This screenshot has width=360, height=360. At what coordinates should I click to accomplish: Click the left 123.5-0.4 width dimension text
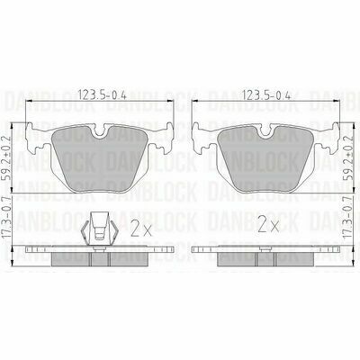[102, 95]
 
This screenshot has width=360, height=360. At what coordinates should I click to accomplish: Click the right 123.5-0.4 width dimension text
[266, 95]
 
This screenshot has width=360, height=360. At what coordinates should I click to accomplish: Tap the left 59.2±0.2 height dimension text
[7, 157]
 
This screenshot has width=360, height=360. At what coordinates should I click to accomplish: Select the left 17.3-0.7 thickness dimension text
[7, 218]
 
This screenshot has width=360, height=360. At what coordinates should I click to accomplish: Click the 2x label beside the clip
[141, 227]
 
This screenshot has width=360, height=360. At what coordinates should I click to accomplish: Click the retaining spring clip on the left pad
[100, 229]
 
